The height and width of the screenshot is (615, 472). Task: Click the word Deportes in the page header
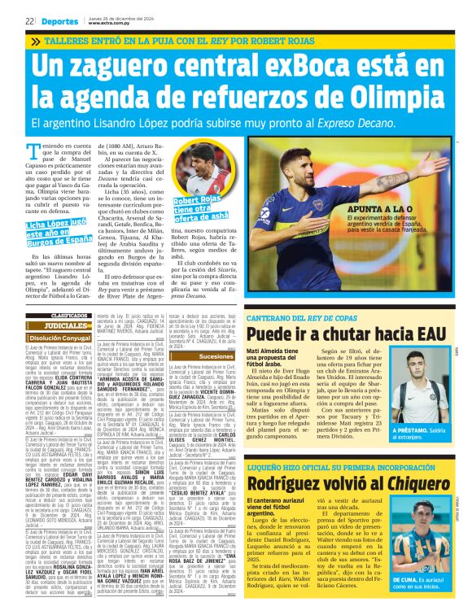(x=56, y=21)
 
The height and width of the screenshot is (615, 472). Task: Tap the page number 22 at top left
(x=28, y=21)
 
